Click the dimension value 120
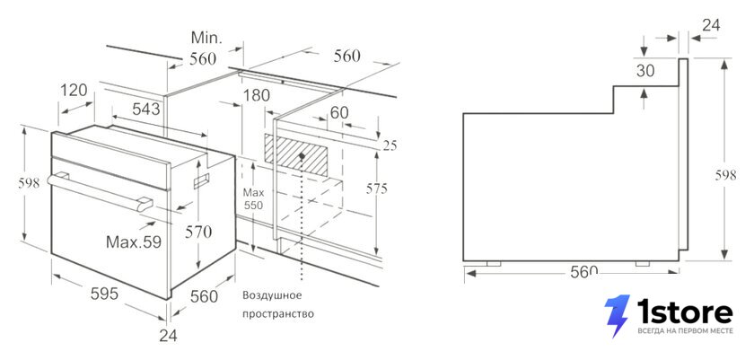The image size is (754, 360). point(74,90)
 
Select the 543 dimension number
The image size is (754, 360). point(146,110)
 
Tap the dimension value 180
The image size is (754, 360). point(257,95)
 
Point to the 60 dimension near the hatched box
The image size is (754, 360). point(339,112)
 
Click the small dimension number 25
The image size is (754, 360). point(390,145)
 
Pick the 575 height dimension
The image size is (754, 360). point(376,189)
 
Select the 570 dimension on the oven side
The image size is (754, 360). point(198,233)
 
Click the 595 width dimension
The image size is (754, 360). point(104,294)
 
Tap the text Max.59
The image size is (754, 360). point(134,241)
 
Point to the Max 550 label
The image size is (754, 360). point(253,199)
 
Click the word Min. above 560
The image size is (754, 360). point(206,37)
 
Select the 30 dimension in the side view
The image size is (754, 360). point(645,71)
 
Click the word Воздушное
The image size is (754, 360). point(272,295)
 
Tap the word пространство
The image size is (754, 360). point(278,314)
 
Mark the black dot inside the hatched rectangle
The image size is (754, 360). point(302,156)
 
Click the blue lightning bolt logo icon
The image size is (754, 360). point(617,315)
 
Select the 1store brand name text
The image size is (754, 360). point(685,312)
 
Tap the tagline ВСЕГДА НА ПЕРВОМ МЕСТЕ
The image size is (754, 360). point(685,331)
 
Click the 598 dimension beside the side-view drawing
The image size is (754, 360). point(725,175)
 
